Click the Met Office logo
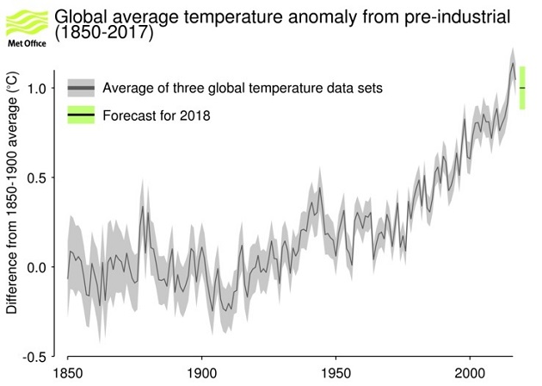tap(26, 24)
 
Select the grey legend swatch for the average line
tap(80, 88)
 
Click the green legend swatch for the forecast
tap(80, 115)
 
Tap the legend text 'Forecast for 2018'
tap(156, 115)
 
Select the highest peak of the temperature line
tap(513, 63)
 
